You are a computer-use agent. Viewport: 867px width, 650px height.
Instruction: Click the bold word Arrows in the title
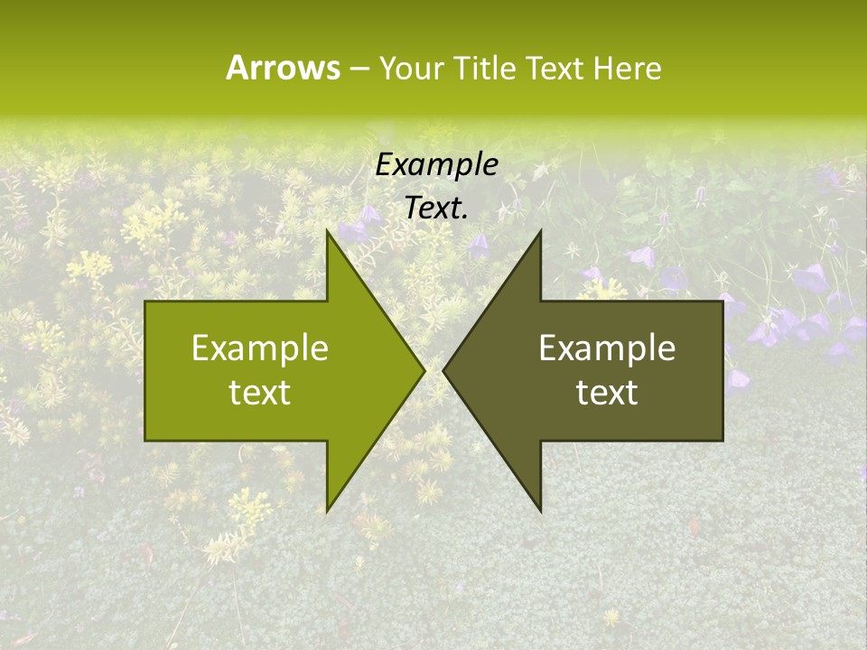click(283, 68)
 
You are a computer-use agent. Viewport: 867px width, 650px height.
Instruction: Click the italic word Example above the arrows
click(437, 164)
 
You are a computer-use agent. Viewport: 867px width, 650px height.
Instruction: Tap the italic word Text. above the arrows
click(437, 209)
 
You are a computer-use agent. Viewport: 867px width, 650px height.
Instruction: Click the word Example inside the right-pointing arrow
click(260, 348)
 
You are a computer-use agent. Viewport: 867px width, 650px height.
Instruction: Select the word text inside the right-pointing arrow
click(260, 393)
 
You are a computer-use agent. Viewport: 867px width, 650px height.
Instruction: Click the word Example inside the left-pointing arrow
click(607, 348)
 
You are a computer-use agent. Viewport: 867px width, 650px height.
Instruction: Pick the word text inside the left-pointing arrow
click(607, 393)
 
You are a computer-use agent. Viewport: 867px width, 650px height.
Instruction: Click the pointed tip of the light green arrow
click(424, 370)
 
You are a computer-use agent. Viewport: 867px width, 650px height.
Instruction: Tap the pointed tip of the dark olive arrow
click(443, 370)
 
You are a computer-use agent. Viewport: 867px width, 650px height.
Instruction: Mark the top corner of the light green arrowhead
click(327, 230)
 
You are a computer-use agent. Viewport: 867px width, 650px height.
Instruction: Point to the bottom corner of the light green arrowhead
click(327, 512)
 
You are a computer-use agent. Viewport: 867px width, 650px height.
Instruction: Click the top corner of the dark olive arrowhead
click(541, 230)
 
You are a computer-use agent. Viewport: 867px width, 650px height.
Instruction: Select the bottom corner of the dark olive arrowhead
click(541, 512)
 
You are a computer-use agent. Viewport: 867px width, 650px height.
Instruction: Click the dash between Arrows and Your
click(359, 70)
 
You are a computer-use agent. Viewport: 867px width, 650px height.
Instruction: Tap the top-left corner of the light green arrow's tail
click(145, 302)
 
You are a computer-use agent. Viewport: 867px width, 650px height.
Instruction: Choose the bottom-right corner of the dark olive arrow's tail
click(722, 441)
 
